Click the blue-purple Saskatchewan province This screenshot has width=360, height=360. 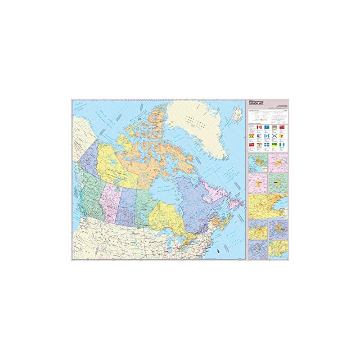[126, 205]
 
